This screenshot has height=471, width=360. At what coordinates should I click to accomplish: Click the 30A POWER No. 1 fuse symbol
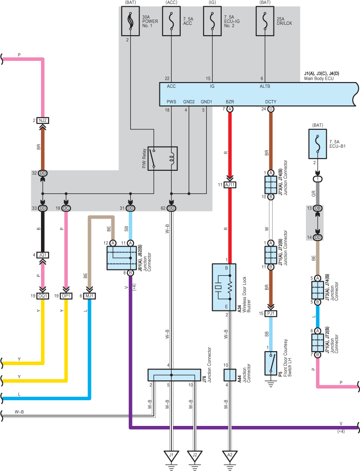pos(130,21)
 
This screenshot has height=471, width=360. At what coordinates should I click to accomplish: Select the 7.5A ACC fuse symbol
pos(171,21)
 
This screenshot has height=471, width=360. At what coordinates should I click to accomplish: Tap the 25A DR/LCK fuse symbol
pos(265,21)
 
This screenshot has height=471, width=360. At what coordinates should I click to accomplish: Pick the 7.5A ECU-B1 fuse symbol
pos(318,144)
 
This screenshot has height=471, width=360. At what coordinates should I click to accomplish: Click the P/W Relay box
pos(163,159)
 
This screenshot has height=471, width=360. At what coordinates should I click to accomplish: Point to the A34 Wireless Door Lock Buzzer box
pos(224,287)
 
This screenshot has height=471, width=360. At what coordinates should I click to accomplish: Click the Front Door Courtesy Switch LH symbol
pos(271,363)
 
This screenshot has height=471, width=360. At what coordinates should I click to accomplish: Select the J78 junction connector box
pos(174,375)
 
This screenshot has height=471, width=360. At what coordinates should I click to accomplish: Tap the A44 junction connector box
pos(230,375)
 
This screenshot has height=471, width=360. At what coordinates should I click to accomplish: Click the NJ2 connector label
pos(43,120)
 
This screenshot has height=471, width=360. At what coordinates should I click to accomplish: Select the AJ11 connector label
pos(230,185)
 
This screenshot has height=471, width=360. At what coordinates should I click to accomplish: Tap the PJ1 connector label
pos(271,314)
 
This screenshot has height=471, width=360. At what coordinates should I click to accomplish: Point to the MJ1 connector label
pos(90,296)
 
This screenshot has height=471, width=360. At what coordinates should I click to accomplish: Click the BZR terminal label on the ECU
pos(230,102)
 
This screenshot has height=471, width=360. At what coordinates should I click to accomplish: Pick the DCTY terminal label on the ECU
pos(270,102)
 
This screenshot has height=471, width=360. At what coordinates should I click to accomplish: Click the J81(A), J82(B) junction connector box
pos(122,258)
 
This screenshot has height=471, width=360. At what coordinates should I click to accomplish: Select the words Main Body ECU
pos(319,78)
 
